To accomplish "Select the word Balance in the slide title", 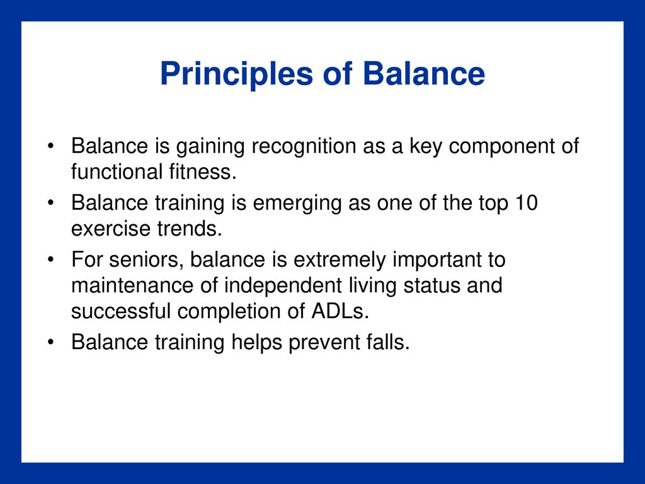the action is [x=424, y=74].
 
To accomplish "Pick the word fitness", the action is [x=203, y=171].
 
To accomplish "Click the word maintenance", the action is [x=132, y=285].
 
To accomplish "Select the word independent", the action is [x=283, y=286].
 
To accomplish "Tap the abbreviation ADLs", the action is [x=340, y=311].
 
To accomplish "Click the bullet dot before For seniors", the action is [x=50, y=260].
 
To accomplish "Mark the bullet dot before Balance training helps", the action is [x=50, y=342].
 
